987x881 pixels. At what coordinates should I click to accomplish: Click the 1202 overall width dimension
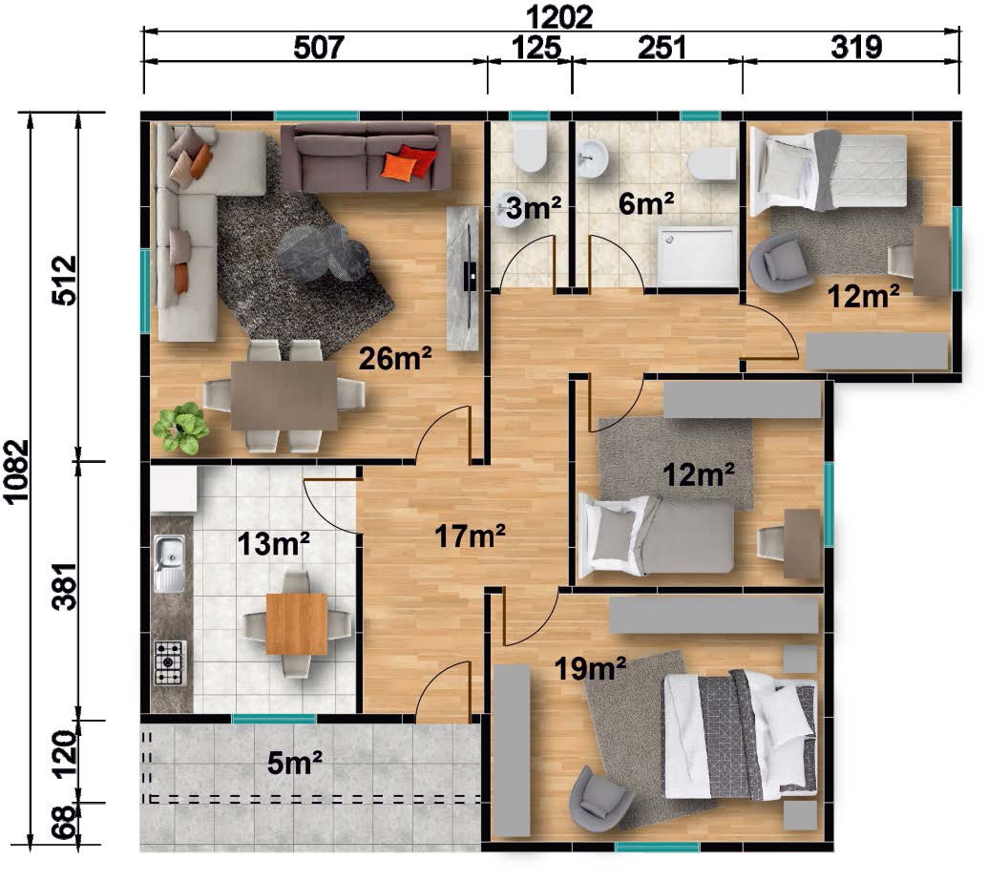click(558, 16)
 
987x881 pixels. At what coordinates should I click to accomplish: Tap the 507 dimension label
click(319, 47)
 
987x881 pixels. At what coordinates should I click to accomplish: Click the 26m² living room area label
click(395, 358)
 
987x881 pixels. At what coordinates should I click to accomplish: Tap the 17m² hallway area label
click(470, 536)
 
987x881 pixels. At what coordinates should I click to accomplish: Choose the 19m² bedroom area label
click(590, 668)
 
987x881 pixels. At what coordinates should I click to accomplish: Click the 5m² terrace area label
click(295, 763)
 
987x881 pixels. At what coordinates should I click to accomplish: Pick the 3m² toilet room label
click(533, 207)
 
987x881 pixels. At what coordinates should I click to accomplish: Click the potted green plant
click(181, 428)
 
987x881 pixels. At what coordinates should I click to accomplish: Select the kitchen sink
click(170, 563)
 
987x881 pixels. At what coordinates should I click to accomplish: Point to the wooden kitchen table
click(297, 624)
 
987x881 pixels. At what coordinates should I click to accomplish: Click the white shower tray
click(698, 256)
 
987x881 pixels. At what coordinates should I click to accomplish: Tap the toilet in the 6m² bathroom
click(712, 164)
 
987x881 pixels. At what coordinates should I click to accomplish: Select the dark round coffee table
click(323, 252)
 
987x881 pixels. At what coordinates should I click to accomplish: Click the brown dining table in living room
click(283, 396)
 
